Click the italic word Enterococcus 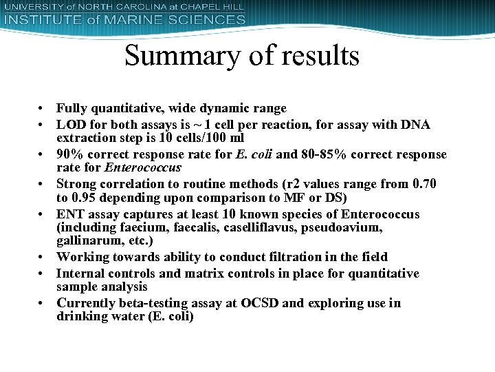click(143, 167)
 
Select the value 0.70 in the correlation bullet click(423, 184)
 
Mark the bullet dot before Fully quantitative click(42, 109)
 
